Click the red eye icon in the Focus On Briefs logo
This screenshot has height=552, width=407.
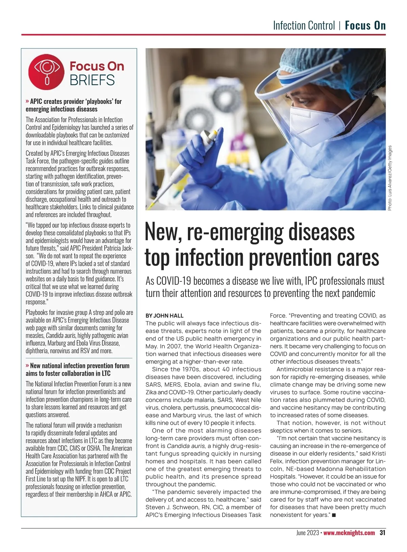click(46, 72)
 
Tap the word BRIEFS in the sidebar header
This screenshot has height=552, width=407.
click(92, 80)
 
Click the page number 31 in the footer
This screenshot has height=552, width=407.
click(382, 533)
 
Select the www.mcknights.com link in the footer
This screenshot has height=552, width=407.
click(349, 533)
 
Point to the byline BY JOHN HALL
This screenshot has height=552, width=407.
click(164, 316)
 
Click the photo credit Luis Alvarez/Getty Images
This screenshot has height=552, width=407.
click(390, 178)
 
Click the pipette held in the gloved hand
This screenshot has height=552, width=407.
click(190, 163)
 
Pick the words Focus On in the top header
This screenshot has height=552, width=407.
click(365, 26)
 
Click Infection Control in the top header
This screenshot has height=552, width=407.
click(304, 26)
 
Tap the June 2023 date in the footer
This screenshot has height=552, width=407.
click(307, 533)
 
